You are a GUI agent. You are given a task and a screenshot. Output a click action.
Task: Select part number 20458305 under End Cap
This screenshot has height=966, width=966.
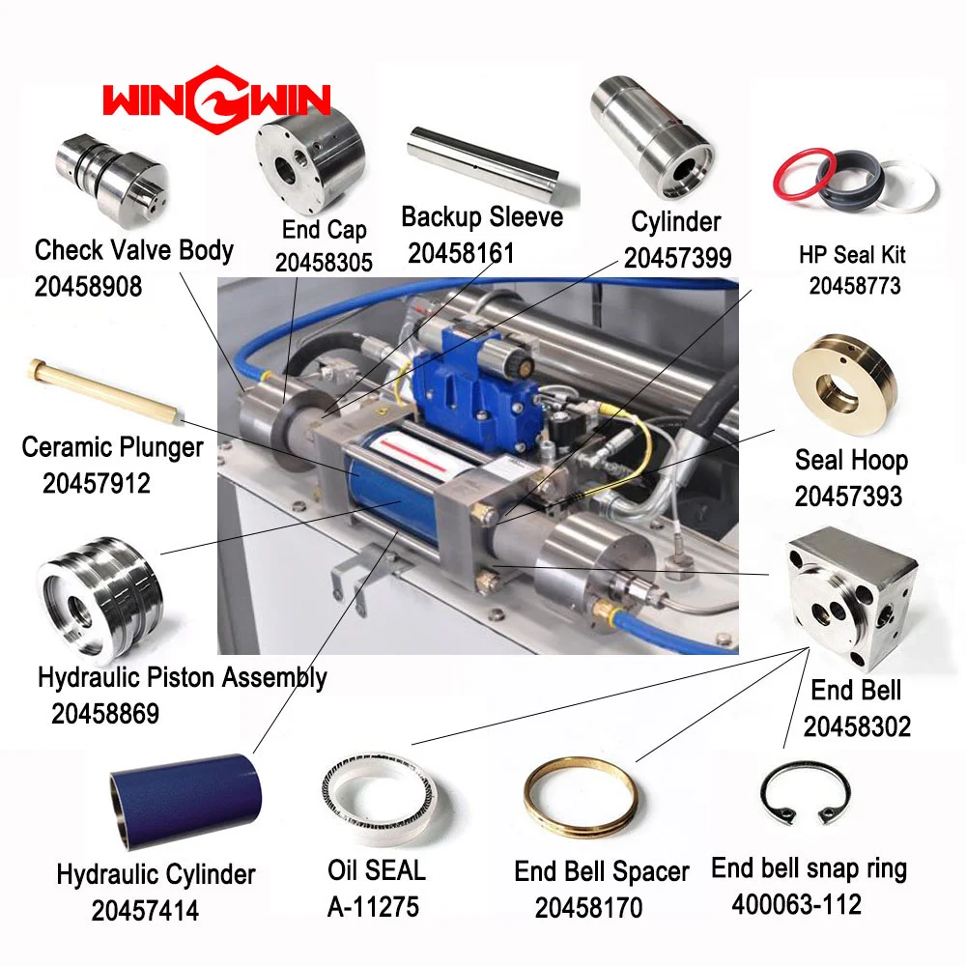point(324,262)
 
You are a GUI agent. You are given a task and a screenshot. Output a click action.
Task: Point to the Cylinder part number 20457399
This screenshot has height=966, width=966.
point(676,258)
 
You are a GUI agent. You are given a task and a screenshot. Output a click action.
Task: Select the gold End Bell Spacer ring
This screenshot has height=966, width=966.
point(580,797)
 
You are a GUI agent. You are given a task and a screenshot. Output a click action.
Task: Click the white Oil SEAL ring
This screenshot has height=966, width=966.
point(374,792)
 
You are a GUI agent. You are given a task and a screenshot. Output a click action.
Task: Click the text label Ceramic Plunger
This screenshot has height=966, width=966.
point(112,448)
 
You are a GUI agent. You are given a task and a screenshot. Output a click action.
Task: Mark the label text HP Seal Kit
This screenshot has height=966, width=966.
point(852,256)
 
